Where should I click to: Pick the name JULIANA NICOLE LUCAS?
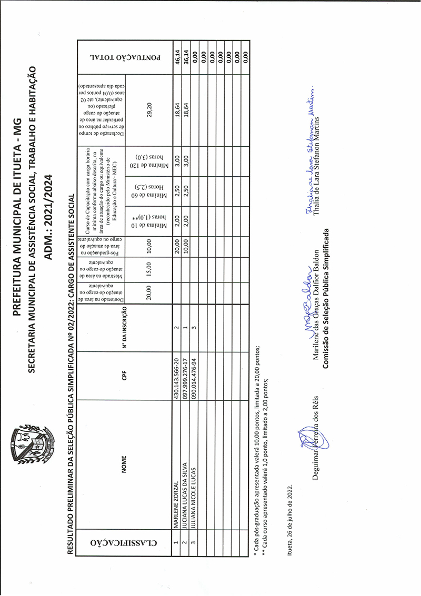coord(194,492)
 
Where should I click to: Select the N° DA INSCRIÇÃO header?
coord(125,328)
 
